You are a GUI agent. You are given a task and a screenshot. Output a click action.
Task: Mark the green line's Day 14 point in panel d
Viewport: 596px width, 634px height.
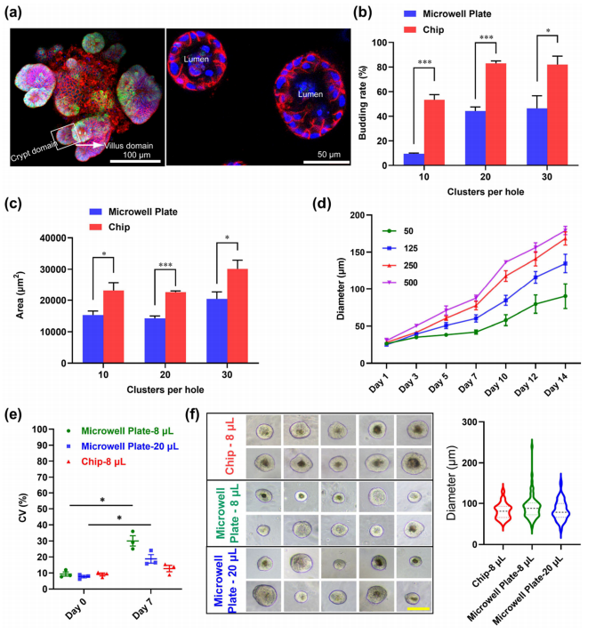click(565, 296)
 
